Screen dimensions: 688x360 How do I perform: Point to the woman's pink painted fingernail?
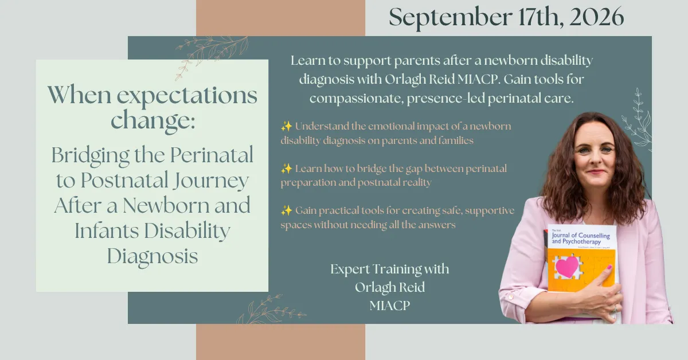[x=608, y=267]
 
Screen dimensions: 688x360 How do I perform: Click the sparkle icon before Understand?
[x=286, y=126]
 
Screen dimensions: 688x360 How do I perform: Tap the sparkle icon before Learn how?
[x=286, y=169]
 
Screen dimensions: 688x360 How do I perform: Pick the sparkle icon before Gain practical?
[x=286, y=210]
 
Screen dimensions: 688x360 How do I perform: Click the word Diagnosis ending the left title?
[x=153, y=256]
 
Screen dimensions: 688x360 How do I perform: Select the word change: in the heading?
[x=153, y=120]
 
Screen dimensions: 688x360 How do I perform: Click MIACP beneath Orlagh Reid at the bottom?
[x=390, y=306]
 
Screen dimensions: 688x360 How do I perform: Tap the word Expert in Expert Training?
[x=350, y=269]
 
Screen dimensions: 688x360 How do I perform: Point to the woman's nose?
[x=595, y=159]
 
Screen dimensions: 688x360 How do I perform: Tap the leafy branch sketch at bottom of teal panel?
[x=271, y=310]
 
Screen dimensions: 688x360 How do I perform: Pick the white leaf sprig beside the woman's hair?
[x=637, y=120]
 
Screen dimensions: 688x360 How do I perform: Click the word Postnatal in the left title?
[x=125, y=181]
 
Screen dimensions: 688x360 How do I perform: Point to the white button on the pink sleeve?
[x=510, y=297]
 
